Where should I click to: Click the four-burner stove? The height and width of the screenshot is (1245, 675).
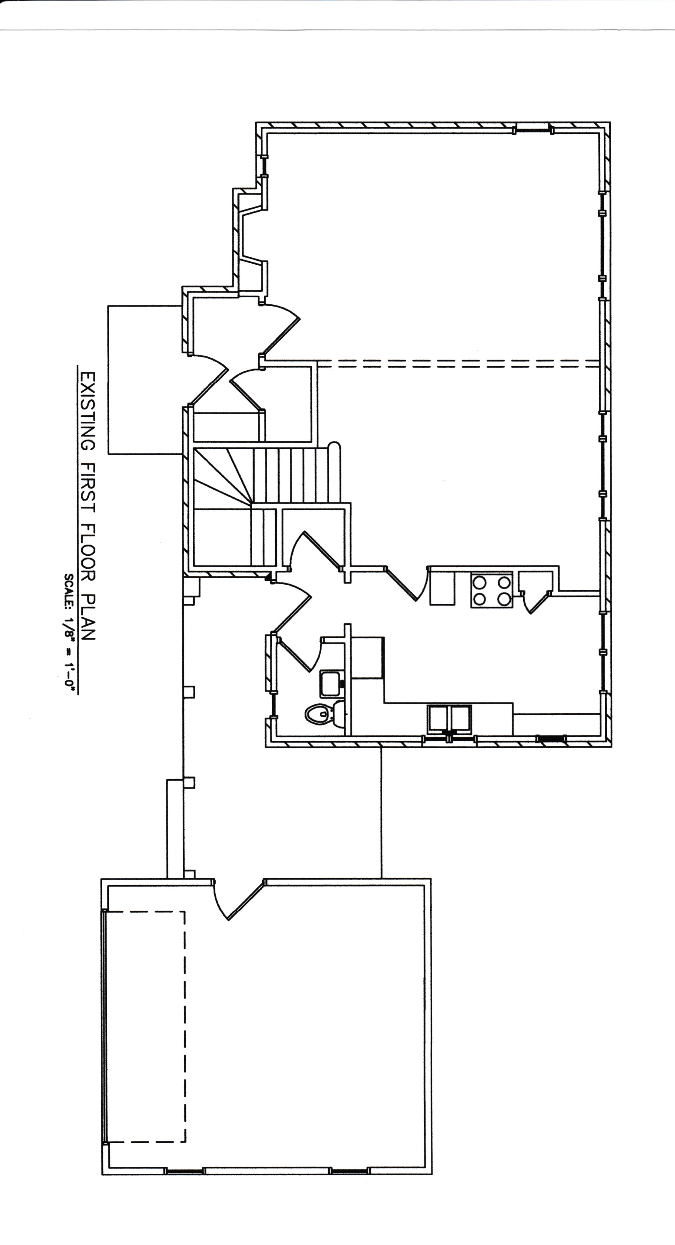[492, 590]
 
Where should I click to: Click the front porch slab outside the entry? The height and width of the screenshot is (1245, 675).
[145, 379]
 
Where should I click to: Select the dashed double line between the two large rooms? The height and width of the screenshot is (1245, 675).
[457, 363]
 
